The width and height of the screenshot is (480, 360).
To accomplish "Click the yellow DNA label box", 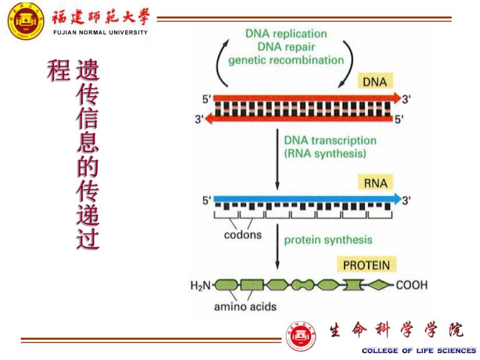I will [x=376, y=82].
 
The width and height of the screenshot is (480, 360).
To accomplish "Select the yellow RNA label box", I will [x=376, y=183].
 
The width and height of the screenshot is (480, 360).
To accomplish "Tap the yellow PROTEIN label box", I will [x=366, y=265].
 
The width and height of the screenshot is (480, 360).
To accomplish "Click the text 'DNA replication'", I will [x=286, y=34].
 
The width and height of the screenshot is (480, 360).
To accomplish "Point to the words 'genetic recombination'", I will [x=286, y=60].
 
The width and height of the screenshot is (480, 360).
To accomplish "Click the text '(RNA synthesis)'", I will [x=325, y=154].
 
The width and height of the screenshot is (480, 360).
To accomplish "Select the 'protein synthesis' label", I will [x=328, y=240].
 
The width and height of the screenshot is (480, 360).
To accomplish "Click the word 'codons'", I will [x=243, y=235].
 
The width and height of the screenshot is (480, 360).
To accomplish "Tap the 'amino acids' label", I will [x=245, y=307].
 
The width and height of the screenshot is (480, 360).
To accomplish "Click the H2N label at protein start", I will [x=200, y=285].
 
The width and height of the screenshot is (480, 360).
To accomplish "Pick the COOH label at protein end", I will [x=412, y=285].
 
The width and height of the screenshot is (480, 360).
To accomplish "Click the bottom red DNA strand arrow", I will [x=297, y=119].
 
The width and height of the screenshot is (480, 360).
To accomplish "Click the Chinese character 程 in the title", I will [x=58, y=70].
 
